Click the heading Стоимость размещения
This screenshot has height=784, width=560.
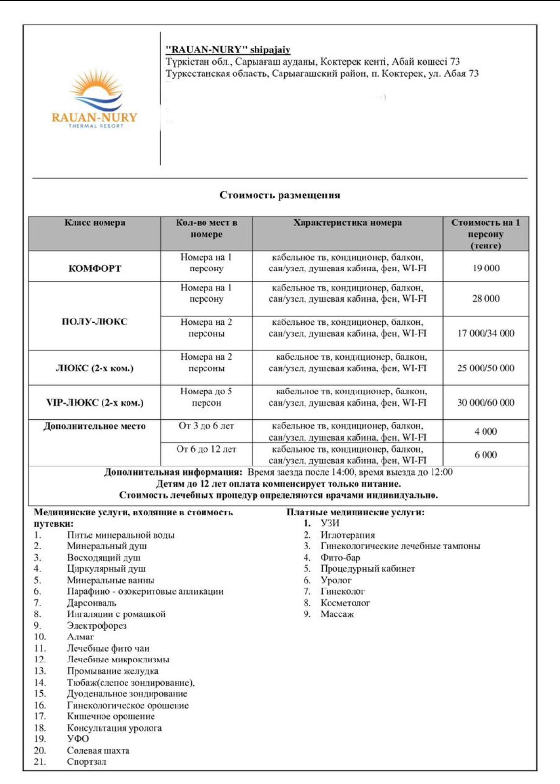click(x=280, y=195)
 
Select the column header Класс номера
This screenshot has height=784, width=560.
click(x=95, y=223)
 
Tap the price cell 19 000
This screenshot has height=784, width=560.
click(x=485, y=268)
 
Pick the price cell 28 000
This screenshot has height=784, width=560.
click(x=485, y=298)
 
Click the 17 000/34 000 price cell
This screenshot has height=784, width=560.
click(x=485, y=333)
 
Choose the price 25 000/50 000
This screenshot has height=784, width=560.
click(x=485, y=368)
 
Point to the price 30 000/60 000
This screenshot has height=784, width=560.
click(x=485, y=403)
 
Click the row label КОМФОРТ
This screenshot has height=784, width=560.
click(x=95, y=269)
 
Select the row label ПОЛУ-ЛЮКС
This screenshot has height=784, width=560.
click(x=95, y=321)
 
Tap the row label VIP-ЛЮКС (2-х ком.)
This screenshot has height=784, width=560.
click(x=95, y=403)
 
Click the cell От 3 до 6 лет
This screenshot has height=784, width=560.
click(x=206, y=426)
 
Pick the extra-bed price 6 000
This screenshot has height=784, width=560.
click(x=485, y=455)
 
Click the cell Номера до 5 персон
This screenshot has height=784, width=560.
click(x=206, y=397)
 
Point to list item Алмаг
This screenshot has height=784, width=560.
click(x=80, y=637)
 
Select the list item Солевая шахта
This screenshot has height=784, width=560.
click(x=98, y=750)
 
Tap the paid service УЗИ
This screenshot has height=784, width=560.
click(x=330, y=523)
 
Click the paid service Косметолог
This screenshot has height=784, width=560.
click(x=345, y=603)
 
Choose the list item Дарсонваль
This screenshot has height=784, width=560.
click(x=91, y=603)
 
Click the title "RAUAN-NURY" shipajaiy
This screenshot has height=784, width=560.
click(x=228, y=49)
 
